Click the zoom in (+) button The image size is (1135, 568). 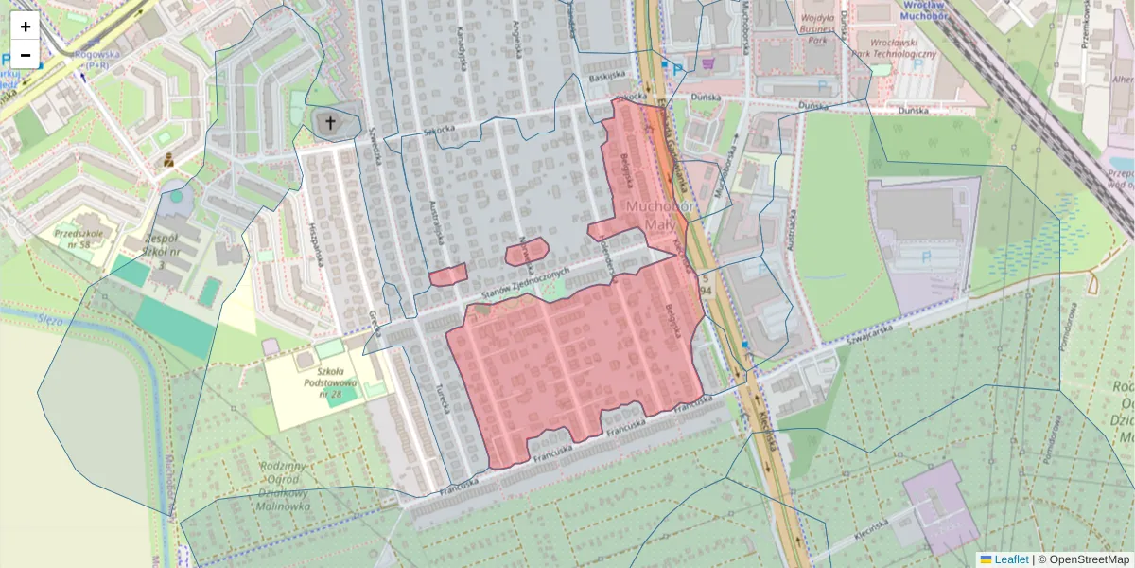click(26, 27)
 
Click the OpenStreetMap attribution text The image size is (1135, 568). click(1082, 559)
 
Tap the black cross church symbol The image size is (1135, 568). click(331, 122)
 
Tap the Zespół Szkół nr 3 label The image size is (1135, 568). click(163, 252)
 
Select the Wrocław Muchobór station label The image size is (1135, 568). click(931, 10)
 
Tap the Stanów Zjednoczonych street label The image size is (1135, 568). click(527, 284)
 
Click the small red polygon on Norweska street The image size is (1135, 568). click(526, 252)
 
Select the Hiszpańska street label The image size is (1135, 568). click(317, 242)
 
